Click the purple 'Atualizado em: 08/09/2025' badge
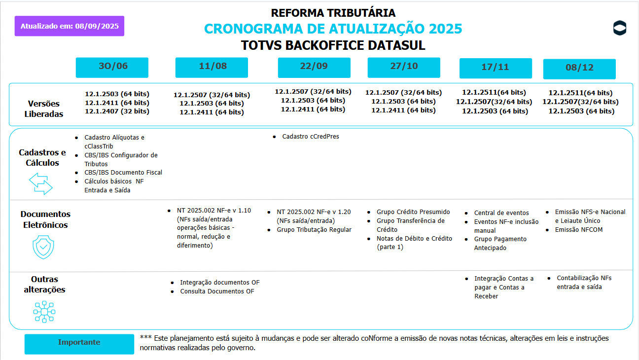click(x=70, y=26)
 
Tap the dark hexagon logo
click(x=620, y=29)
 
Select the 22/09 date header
click(x=314, y=68)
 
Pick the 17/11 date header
click(x=496, y=68)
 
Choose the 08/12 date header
click(x=579, y=69)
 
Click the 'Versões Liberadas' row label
click(x=44, y=108)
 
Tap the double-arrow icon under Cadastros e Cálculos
click(x=41, y=183)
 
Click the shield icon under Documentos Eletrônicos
click(x=43, y=247)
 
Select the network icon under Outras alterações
click(x=44, y=312)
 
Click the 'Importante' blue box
click(x=79, y=343)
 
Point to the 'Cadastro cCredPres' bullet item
click(x=311, y=137)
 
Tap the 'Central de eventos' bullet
click(x=501, y=213)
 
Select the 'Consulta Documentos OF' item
click(x=217, y=291)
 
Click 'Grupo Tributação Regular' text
click(x=314, y=230)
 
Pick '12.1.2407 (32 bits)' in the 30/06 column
click(x=117, y=111)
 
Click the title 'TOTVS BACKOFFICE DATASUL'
click(x=333, y=45)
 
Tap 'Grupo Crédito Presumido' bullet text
click(x=413, y=212)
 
